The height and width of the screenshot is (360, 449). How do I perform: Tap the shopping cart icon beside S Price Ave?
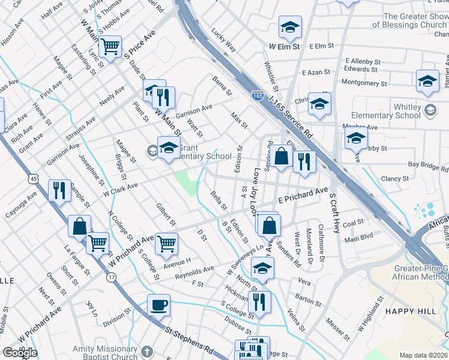[x=110, y=46]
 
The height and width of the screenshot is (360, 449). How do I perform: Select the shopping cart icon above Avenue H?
[x=166, y=243]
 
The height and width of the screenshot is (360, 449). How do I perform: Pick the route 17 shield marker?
[x=112, y=277]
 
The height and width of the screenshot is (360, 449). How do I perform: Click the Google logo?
[x=20, y=353]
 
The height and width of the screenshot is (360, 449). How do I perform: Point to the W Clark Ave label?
[x=121, y=190]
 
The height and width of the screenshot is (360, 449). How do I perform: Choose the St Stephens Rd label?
[x=190, y=338]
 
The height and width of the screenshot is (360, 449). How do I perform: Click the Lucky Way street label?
[x=228, y=43]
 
